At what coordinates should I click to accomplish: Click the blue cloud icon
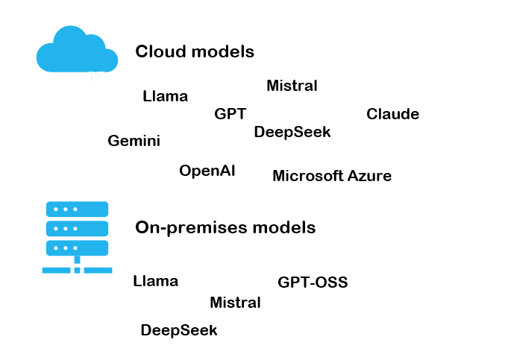77,51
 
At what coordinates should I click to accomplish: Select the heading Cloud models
195,52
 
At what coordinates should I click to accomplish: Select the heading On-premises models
225,227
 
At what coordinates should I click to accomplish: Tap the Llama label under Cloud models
165,96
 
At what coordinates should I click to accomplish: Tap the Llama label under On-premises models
155,281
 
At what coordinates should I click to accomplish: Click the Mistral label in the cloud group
292,86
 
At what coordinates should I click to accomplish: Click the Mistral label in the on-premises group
235,303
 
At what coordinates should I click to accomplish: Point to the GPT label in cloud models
230,114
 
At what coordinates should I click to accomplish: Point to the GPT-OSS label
313,282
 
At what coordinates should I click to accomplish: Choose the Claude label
392,114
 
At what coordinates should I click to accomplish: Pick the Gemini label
134,141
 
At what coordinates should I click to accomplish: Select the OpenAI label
207,171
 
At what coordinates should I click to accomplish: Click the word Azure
369,176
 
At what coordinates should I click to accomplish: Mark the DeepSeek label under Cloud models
292,132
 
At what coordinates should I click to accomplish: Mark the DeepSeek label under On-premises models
178,330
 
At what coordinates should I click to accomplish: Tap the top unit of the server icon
77,209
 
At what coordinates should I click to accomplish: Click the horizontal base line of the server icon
77,270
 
